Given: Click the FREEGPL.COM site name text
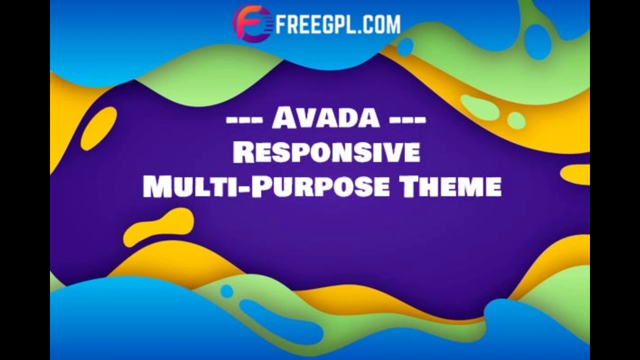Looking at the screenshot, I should (338, 23).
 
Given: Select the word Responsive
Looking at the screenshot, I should (326, 152).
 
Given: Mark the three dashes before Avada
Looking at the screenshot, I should (244, 120).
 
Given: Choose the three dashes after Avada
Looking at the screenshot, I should (407, 120).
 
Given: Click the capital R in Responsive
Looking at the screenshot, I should (243, 152).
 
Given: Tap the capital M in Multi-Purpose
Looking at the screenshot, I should (155, 186).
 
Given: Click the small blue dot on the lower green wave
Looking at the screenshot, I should (227, 291).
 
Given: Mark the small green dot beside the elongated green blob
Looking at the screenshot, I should (516, 120).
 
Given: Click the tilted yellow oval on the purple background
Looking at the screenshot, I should (98, 128).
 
